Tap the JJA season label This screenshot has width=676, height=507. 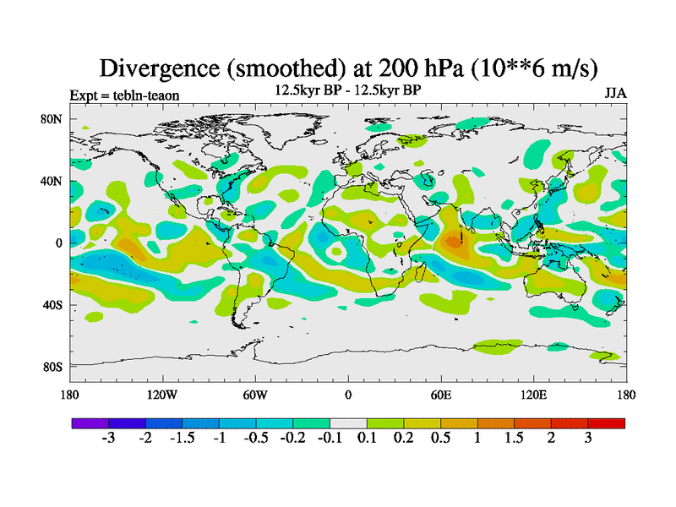614,93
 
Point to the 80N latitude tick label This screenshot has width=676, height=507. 52,119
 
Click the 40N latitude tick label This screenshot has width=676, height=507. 52,181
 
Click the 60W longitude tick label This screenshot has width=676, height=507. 254,395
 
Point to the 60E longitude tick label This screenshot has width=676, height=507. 440,395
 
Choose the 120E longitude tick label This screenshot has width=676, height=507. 533,395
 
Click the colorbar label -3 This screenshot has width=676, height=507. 108,439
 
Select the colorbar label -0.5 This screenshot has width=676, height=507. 255,439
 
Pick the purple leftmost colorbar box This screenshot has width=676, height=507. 90,422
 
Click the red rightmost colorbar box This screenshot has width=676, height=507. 607,422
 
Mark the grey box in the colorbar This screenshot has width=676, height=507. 348,422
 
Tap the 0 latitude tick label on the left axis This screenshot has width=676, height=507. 59,243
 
